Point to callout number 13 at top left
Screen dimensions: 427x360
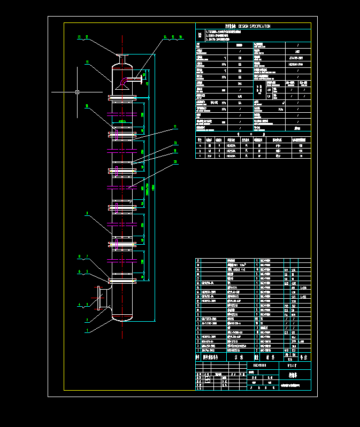(x=79, y=37)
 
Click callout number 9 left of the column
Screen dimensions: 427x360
(x=87, y=214)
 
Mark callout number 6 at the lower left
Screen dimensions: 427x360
(x=79, y=271)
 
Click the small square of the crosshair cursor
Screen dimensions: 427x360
(x=78, y=92)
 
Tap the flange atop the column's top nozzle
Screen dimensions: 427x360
(x=122, y=56)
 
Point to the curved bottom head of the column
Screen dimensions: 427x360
(x=122, y=319)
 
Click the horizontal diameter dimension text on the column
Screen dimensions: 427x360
(x=122, y=122)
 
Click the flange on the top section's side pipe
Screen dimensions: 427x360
(x=145, y=80)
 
